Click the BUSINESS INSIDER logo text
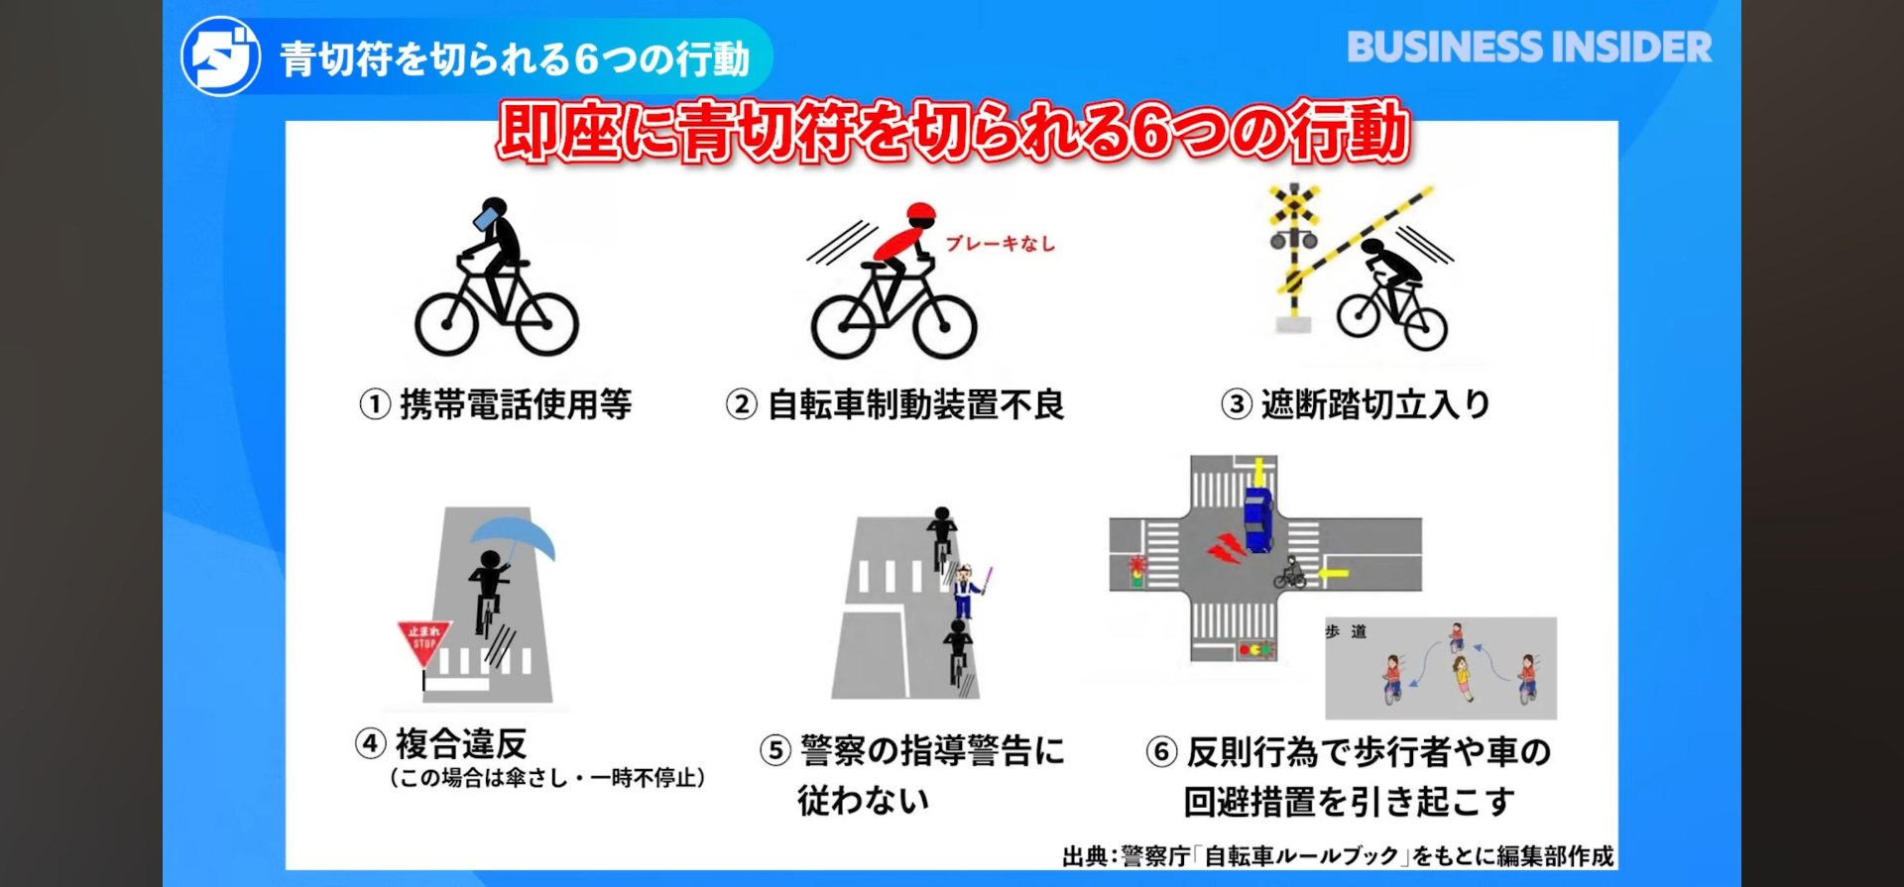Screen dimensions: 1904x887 point(1529,48)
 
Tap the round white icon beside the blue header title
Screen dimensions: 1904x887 point(220,56)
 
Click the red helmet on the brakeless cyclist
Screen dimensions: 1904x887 point(921,214)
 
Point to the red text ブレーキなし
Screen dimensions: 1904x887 point(1000,243)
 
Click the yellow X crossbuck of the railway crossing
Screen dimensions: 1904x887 point(1294,206)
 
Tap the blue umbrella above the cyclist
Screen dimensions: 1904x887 point(513,539)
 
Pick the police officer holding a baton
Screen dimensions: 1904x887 point(965,591)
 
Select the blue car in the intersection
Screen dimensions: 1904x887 point(1258,519)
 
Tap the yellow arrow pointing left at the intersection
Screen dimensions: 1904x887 point(1334,573)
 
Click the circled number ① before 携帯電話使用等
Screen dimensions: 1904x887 point(374,404)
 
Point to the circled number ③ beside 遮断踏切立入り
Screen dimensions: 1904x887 point(1236,404)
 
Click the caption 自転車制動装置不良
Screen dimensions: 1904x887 point(916,404)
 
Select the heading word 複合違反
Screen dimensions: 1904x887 point(461,743)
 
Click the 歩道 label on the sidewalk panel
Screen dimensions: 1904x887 point(1346,631)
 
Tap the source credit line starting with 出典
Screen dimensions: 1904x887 point(1338,855)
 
